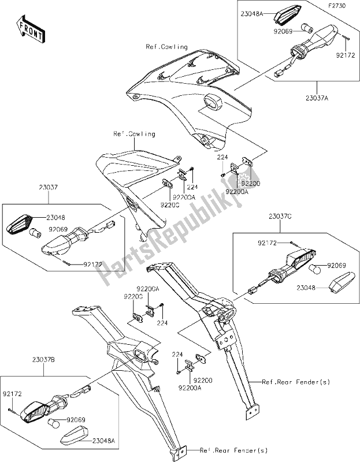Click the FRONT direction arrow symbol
(x=30, y=29)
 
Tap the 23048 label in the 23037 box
(x=57, y=218)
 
